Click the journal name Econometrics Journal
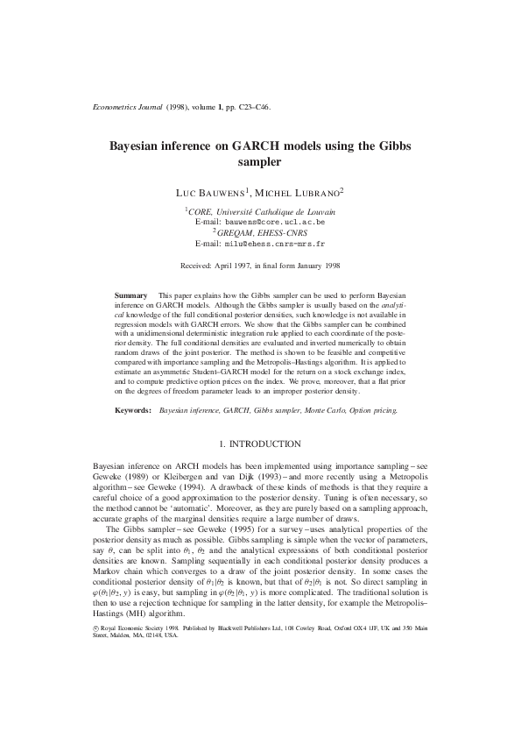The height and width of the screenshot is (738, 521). [x=125, y=108]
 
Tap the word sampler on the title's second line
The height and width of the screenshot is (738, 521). [x=260, y=162]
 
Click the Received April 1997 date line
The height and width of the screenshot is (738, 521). [x=260, y=264]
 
